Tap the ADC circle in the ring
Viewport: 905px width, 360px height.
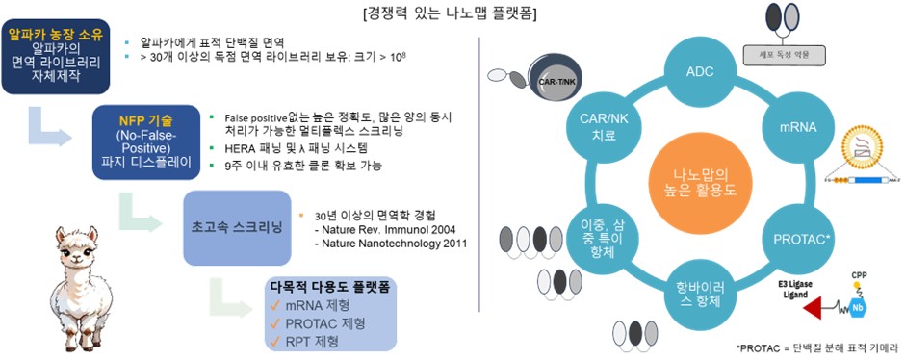point(700,72)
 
